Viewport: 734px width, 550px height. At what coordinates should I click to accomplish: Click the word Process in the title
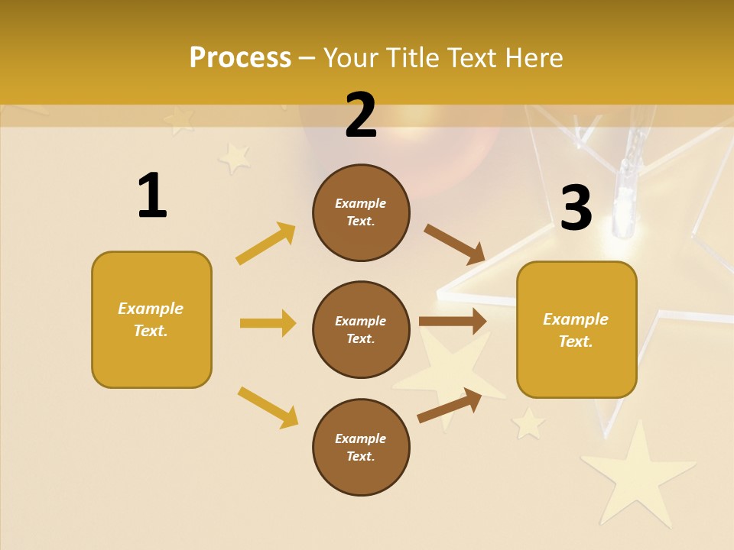[x=240, y=58]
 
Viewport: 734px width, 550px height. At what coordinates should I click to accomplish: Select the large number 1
[x=152, y=196]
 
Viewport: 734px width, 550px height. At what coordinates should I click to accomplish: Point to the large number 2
[x=361, y=115]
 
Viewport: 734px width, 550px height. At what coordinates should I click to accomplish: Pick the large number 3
[x=576, y=208]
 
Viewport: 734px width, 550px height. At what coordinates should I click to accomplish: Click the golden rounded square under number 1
[x=151, y=319]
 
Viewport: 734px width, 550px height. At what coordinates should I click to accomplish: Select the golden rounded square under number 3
[x=576, y=330]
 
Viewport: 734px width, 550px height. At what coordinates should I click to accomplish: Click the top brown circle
[x=361, y=212]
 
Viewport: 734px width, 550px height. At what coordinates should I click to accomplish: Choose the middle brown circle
[x=361, y=329]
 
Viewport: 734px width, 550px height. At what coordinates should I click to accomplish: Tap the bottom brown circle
[x=361, y=447]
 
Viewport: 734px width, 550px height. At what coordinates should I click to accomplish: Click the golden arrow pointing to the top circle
[x=265, y=244]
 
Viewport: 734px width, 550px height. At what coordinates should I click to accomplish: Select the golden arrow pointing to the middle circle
[x=268, y=323]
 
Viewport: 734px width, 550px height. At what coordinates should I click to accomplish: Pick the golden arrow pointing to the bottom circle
[x=268, y=407]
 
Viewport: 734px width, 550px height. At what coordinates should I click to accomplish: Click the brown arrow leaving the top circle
[x=454, y=244]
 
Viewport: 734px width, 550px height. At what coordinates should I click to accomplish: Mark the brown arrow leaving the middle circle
[x=453, y=321]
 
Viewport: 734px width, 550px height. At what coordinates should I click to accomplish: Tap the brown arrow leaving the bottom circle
[x=450, y=406]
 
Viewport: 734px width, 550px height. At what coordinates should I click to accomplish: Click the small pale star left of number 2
[x=235, y=157]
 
